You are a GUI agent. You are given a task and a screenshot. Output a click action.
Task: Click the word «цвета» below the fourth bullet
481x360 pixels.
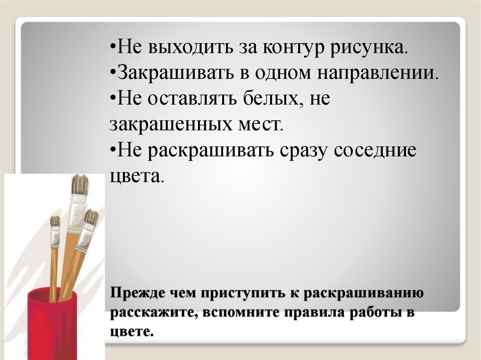[x=137, y=176]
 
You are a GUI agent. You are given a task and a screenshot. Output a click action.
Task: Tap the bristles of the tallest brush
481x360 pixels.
[x=80, y=184]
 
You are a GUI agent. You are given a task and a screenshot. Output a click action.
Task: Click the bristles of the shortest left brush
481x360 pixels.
[x=55, y=222]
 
